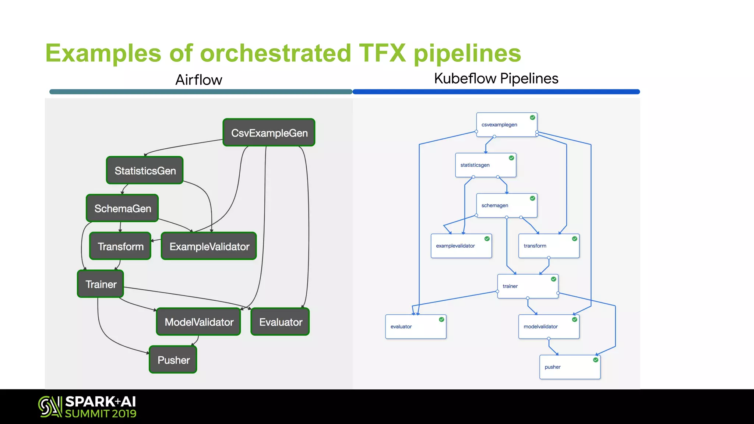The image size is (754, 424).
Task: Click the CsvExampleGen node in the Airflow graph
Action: [269, 132]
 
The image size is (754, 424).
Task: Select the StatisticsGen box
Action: [145, 170]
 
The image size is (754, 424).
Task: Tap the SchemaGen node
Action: [122, 208]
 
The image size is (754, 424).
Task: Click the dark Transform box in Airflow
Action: [120, 246]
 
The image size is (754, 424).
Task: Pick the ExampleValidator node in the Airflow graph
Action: [209, 246]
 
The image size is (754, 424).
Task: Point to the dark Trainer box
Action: [101, 284]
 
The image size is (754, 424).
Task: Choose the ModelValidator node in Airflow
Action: [198, 322]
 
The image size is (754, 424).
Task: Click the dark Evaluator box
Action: [280, 322]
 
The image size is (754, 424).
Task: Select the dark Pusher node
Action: [173, 360]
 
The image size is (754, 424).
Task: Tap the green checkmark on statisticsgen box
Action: [511, 158]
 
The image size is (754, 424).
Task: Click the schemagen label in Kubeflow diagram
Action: [494, 205]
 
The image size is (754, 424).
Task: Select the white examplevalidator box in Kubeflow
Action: [461, 246]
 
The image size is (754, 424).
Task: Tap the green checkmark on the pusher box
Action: [596, 360]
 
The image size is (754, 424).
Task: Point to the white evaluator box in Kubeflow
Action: [416, 327]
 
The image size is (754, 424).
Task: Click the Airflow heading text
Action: [198, 80]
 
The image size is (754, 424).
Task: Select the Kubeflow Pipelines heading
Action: [496, 78]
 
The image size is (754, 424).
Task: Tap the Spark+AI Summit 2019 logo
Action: [87, 407]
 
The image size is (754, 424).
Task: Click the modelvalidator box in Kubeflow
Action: [549, 327]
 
